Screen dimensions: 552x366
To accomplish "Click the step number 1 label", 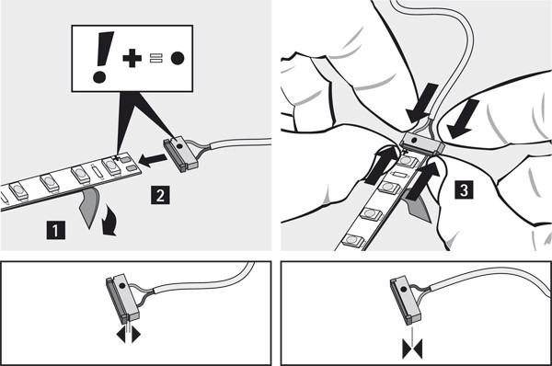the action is click(x=55, y=230).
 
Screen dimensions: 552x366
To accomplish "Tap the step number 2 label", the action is click(x=160, y=195).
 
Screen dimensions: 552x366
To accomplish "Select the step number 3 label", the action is click(x=464, y=189).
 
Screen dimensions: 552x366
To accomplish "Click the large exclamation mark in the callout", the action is click(x=103, y=57).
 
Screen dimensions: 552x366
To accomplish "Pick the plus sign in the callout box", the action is click(x=132, y=58).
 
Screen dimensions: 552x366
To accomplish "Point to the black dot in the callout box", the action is click(x=178, y=58).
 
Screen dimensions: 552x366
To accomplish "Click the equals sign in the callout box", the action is click(x=156, y=58).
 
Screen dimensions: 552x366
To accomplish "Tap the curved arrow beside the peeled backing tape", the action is click(x=110, y=222).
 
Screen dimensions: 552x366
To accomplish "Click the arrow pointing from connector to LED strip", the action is click(x=153, y=160).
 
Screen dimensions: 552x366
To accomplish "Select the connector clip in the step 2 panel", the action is click(x=180, y=154).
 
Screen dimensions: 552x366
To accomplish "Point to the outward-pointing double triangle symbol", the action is click(x=129, y=335).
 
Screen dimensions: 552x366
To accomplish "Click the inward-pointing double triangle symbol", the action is click(x=412, y=349).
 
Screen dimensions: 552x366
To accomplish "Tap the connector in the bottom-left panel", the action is click(x=122, y=298).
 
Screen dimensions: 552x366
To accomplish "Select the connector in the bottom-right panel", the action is click(x=405, y=300).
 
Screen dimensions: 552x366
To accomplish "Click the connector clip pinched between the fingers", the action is click(x=422, y=143).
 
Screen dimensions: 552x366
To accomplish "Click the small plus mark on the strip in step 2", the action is click(x=117, y=157).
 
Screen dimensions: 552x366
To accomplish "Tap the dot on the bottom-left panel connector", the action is click(x=121, y=286).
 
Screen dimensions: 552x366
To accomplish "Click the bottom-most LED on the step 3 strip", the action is click(x=354, y=240).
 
